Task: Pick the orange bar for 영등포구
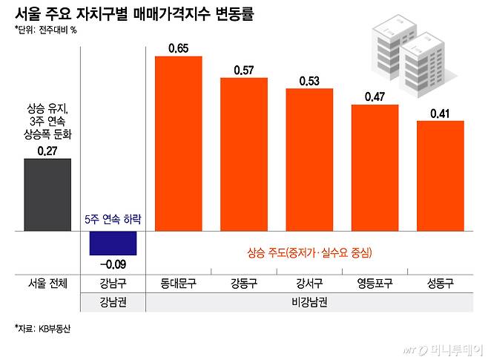coord(375,168)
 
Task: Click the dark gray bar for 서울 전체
coord(47,195)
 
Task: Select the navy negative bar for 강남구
coord(113,243)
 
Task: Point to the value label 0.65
coord(178,49)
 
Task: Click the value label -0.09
coord(113,263)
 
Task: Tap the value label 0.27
coord(47,151)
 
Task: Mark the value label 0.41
coord(441,114)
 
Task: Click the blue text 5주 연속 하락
coord(113,220)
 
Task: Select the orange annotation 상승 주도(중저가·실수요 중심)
coord(309,253)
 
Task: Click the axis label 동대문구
coord(178,284)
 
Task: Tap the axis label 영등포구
coord(375,284)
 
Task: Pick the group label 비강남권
coord(309,302)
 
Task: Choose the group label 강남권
coord(113,302)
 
